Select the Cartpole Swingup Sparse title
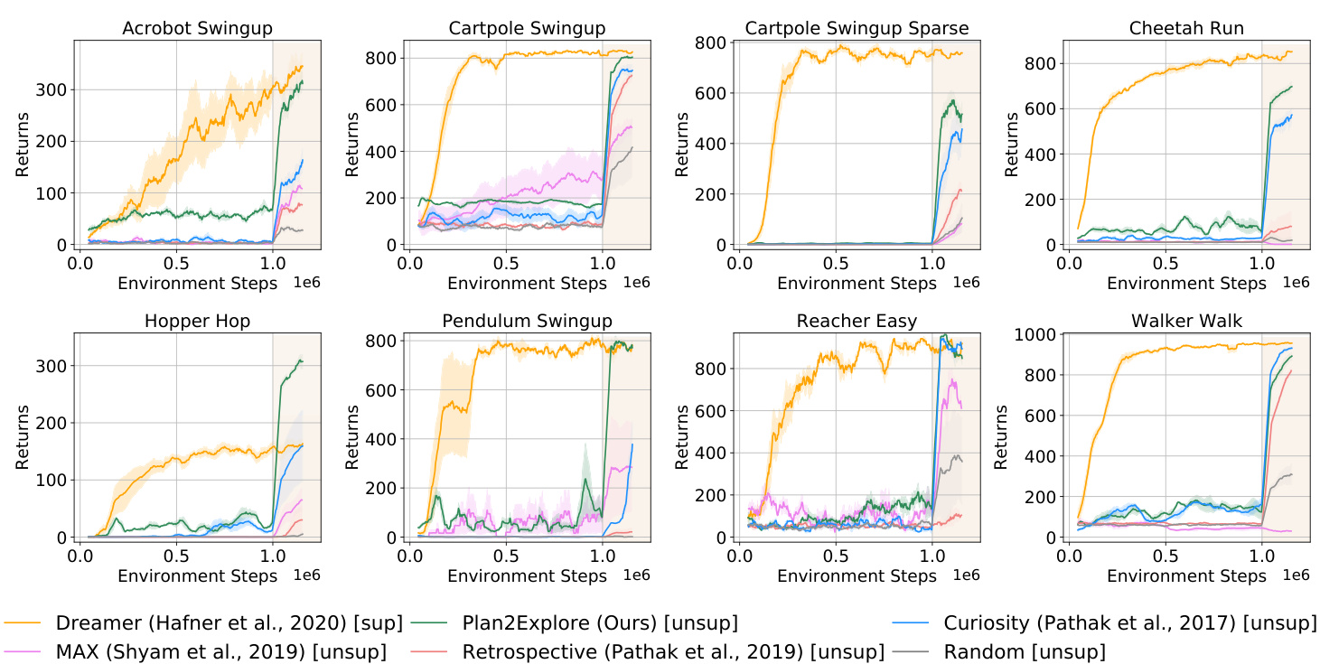(x=857, y=29)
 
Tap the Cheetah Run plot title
(x=1186, y=29)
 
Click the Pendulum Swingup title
(x=527, y=322)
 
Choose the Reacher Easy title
(x=857, y=322)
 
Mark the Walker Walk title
(x=1186, y=322)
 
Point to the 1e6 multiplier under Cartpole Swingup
(x=635, y=283)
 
